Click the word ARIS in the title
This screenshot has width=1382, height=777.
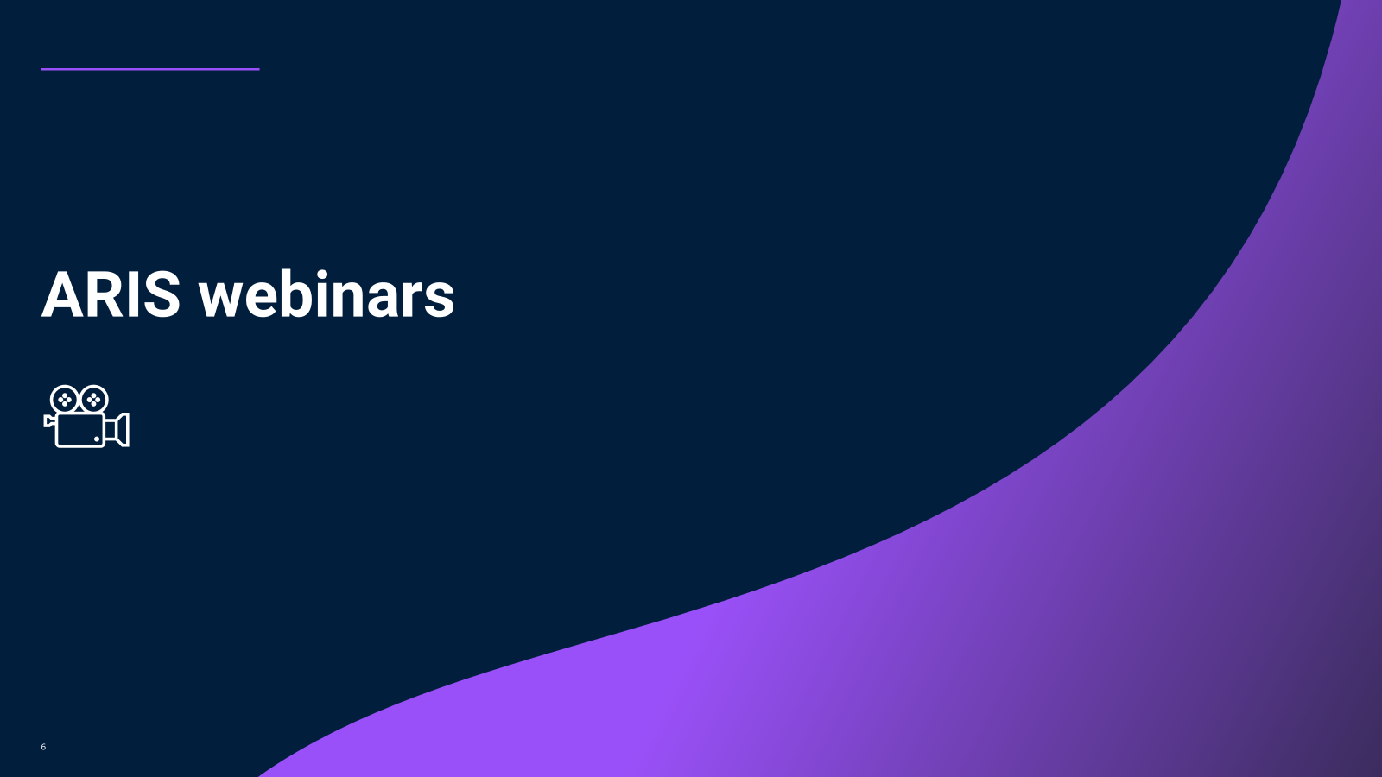click(x=111, y=294)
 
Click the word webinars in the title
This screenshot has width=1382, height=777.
click(x=326, y=294)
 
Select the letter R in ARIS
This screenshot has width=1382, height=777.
click(x=107, y=294)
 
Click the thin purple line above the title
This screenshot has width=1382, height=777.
click(x=150, y=69)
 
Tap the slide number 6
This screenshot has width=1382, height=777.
click(x=43, y=747)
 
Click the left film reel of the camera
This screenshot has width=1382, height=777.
click(x=64, y=400)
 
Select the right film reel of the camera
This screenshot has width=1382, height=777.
click(x=94, y=400)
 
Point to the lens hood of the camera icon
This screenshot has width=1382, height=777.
click(x=117, y=430)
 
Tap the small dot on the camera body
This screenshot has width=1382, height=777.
click(x=97, y=439)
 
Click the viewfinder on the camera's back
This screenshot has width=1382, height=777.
click(x=48, y=421)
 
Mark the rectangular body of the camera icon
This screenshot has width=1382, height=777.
click(x=80, y=430)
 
